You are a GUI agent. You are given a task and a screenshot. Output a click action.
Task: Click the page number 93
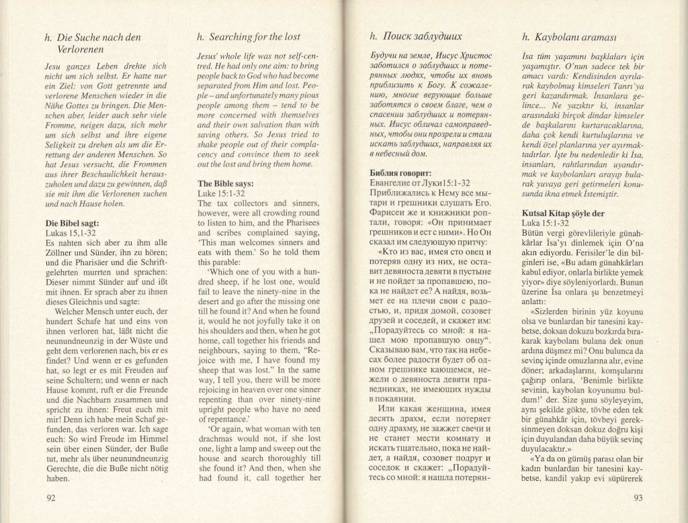coord(638,497)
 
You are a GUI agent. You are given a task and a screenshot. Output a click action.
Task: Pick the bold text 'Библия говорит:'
coord(395,173)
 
